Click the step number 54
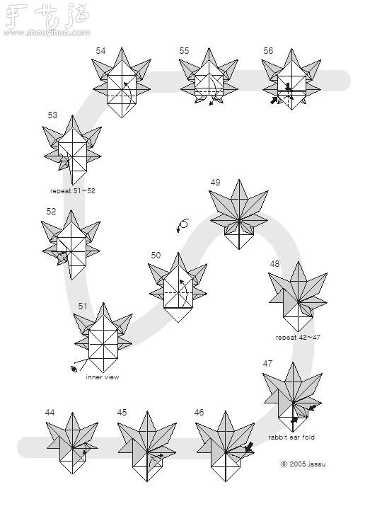click(x=100, y=51)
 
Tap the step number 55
click(x=184, y=51)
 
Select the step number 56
click(x=268, y=51)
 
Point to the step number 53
click(x=52, y=115)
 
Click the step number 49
click(x=215, y=183)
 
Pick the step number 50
click(x=156, y=255)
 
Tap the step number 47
click(x=267, y=363)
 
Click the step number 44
click(x=50, y=413)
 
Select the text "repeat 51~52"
click(x=73, y=191)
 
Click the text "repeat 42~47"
click(x=298, y=338)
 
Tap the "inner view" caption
click(x=103, y=377)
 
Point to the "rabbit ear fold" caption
click(x=291, y=437)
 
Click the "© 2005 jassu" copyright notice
click(x=303, y=464)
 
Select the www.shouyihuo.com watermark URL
click(x=47, y=33)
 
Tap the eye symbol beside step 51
click(x=74, y=369)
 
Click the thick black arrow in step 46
click(x=249, y=447)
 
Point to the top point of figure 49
click(x=239, y=180)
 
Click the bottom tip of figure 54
click(x=122, y=117)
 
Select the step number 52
click(x=51, y=211)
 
